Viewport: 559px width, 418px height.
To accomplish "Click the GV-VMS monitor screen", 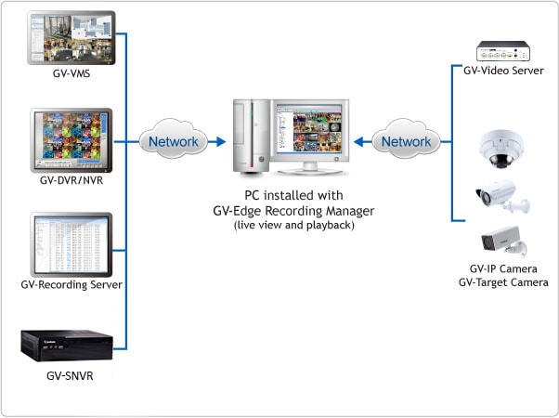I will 71,37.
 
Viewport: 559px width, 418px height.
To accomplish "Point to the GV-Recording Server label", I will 72,283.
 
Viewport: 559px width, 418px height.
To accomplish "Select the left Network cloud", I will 173,142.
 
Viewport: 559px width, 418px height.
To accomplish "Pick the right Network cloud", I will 407,142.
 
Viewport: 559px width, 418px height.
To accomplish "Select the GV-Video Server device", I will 503,49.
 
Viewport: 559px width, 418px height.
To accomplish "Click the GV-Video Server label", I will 503,72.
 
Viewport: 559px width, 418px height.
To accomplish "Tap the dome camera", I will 502,147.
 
